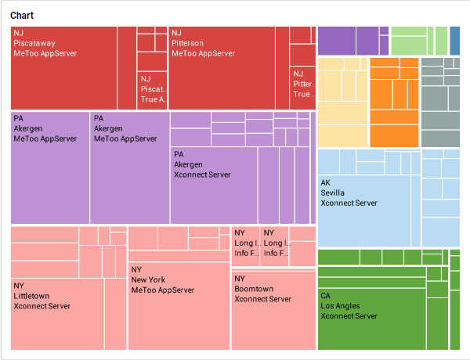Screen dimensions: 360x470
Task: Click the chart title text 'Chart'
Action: [21, 16]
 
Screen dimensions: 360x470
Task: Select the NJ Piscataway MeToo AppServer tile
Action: [63, 78]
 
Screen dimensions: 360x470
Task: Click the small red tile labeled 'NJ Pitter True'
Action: [302, 88]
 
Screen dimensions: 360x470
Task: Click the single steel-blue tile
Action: [455, 40]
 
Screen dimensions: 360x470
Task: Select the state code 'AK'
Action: [326, 182]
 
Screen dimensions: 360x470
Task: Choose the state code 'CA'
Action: [326, 296]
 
